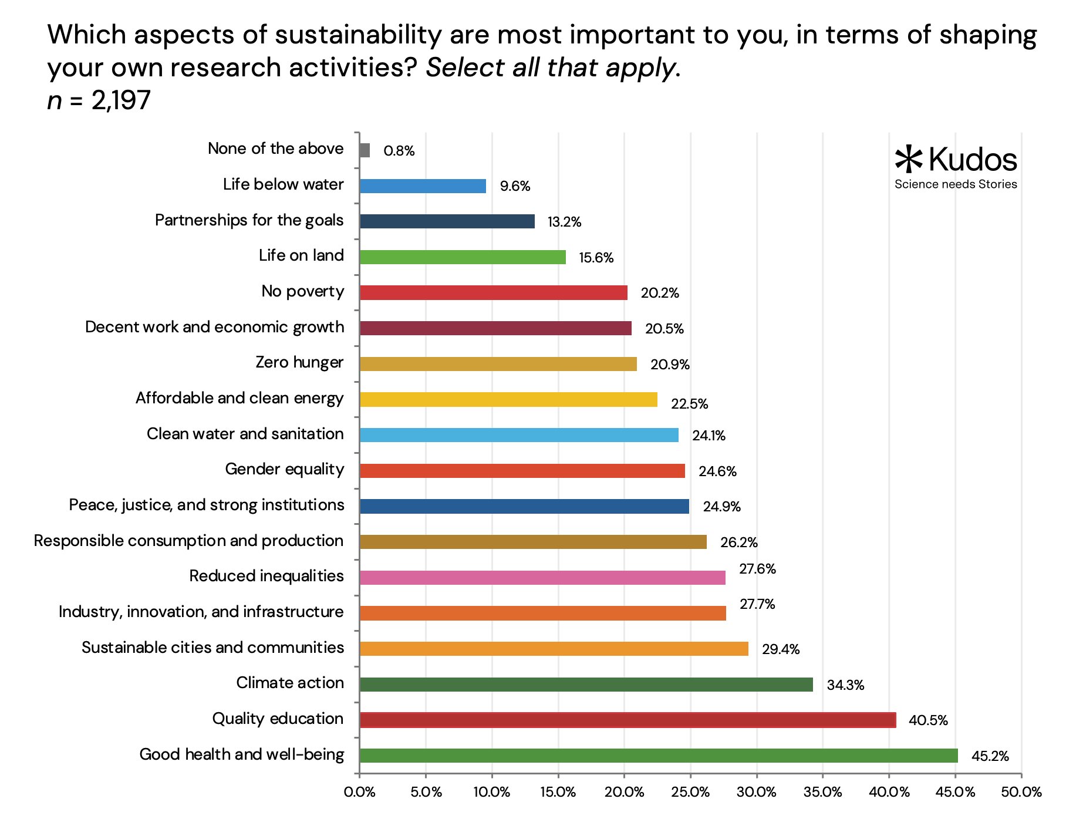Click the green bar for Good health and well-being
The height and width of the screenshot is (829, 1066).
pos(658,756)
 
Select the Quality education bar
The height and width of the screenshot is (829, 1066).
pos(628,720)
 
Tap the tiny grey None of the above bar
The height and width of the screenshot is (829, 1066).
pos(365,150)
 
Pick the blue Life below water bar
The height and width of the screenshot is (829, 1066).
pos(423,186)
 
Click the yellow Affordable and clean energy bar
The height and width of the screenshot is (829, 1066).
pos(508,400)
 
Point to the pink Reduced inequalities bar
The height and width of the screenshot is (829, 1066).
pos(542,578)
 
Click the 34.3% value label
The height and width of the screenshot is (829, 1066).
pos(845,685)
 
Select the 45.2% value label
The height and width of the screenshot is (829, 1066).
pos(990,756)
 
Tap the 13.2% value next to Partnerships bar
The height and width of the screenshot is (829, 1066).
pos(564,222)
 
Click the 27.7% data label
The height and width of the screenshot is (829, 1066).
pos(757,604)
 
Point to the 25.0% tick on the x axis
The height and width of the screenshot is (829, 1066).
pos(690,792)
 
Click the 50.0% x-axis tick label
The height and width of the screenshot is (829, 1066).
pos(1021,792)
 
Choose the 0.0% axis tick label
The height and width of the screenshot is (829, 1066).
pos(359,792)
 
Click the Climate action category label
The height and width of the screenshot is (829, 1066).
pos(290,683)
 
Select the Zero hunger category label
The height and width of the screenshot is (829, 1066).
pos(299,362)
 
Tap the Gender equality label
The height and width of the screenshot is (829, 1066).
pos(285,469)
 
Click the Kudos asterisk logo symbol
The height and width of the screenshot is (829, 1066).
pos(909,159)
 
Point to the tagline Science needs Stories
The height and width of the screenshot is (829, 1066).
pos(956,184)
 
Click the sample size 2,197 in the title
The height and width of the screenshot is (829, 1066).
pos(121,100)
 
